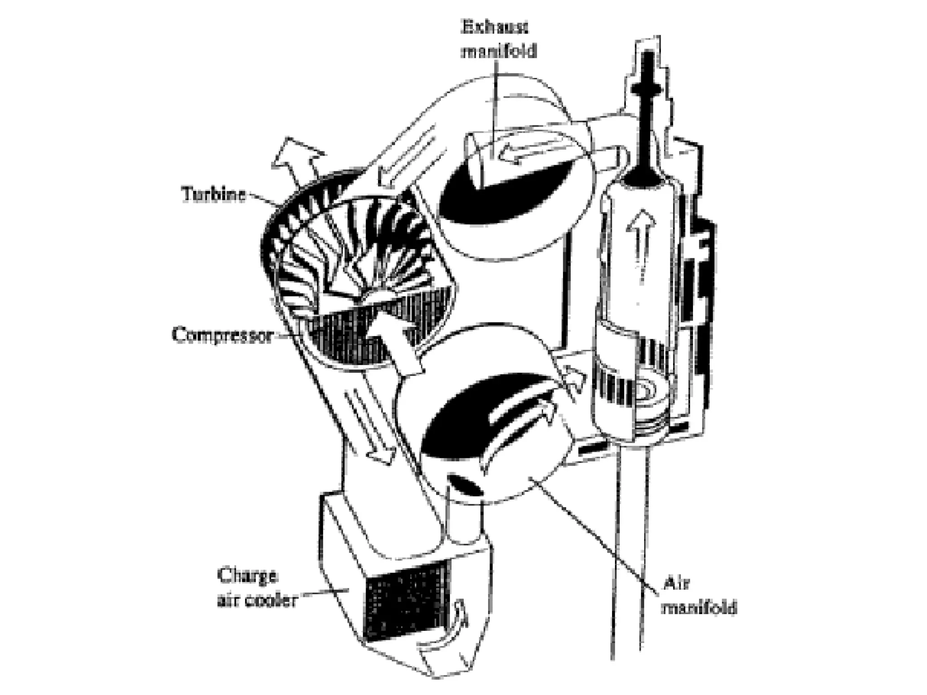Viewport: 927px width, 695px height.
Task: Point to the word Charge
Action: coord(246,576)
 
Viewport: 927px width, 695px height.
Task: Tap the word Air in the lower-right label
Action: coord(676,584)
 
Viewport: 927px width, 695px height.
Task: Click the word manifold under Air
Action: coord(699,607)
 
